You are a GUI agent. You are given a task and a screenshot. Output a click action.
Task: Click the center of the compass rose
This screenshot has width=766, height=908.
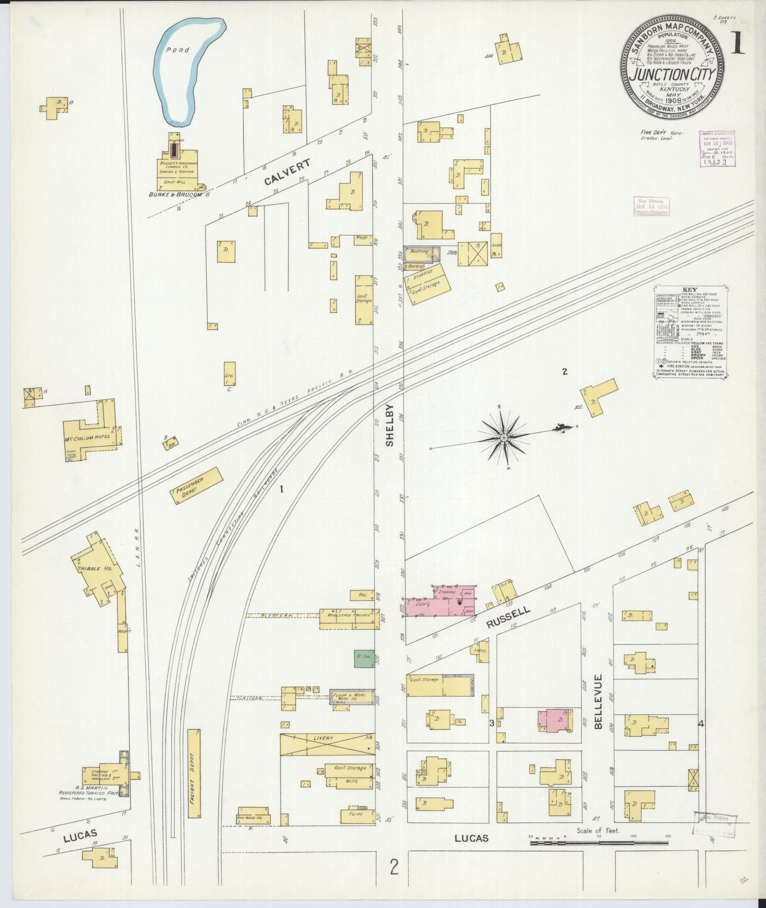coord(503,438)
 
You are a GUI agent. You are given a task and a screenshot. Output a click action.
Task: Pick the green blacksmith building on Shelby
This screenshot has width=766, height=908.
coord(364,658)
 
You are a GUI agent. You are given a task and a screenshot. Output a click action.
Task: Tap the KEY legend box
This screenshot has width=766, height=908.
coord(690,332)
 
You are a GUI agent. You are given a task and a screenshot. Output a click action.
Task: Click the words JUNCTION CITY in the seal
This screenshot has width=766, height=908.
coord(672,74)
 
